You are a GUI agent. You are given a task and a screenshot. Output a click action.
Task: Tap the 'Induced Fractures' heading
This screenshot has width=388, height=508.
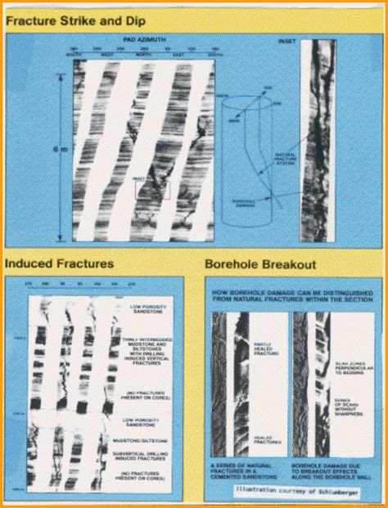[x=59, y=263]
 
